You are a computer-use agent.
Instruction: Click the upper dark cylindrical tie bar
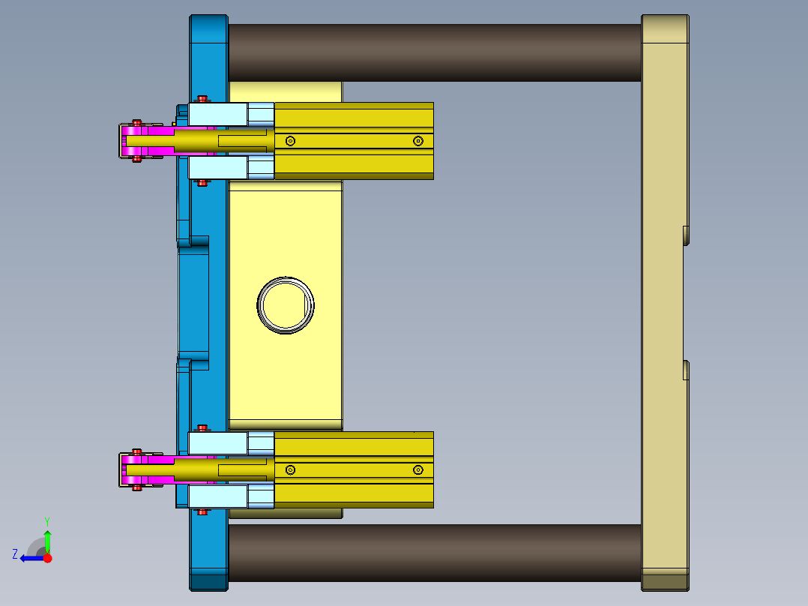point(435,52)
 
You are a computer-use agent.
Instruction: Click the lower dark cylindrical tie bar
point(435,553)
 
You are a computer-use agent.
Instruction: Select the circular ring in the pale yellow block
point(286,305)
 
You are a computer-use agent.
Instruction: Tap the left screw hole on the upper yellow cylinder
point(291,141)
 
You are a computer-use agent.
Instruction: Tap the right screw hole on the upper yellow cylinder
point(418,141)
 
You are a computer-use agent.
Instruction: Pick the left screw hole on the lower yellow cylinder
point(291,469)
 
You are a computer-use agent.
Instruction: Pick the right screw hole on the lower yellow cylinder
point(418,469)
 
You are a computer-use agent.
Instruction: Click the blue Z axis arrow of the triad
point(30,558)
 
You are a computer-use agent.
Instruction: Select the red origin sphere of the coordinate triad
point(48,558)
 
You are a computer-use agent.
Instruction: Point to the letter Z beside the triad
point(15,554)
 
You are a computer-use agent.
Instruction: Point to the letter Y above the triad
point(47,520)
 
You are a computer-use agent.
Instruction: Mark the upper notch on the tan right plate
point(686,235)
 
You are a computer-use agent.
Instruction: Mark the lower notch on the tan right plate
point(686,370)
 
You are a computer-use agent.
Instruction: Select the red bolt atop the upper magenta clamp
point(136,122)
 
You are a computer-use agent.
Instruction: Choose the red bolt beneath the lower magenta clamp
point(136,487)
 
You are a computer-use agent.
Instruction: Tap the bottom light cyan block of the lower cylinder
point(217,496)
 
